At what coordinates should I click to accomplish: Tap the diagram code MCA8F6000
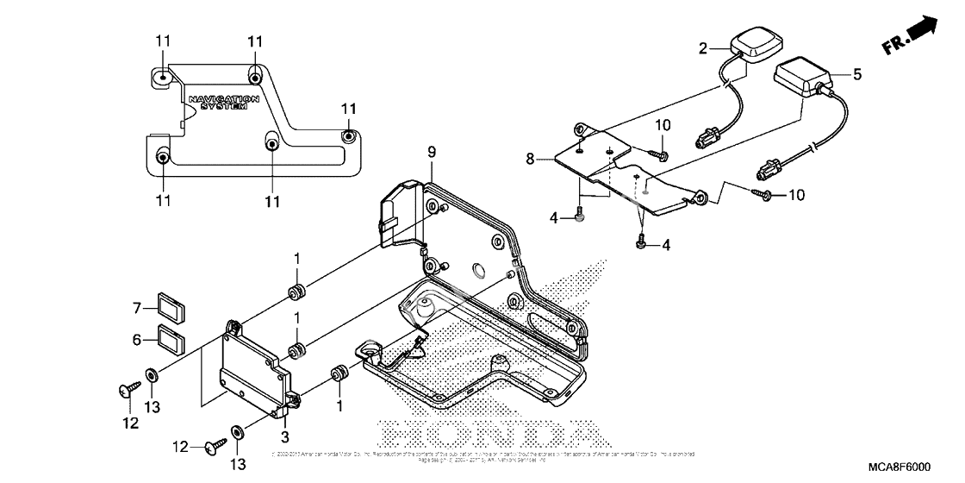(893, 467)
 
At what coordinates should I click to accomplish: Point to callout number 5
(856, 75)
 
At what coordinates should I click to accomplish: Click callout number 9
(432, 153)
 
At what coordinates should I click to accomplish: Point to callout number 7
(135, 308)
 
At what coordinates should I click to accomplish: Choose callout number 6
(135, 341)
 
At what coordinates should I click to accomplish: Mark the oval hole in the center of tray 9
(474, 275)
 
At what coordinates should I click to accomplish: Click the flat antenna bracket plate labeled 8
(633, 172)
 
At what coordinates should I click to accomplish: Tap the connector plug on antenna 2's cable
(711, 137)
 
